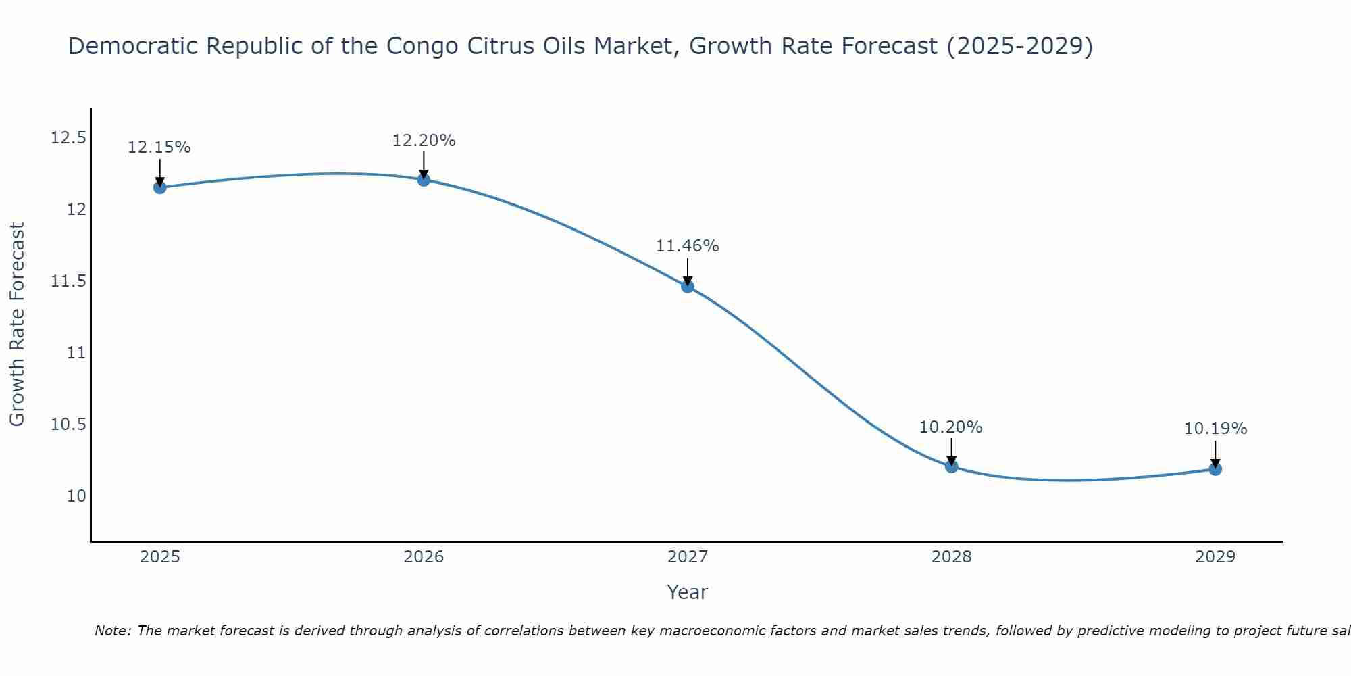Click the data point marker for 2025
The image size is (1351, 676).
pyautogui.click(x=160, y=187)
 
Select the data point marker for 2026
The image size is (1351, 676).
pyautogui.click(x=424, y=180)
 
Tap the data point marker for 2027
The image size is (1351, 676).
pyautogui.click(x=688, y=286)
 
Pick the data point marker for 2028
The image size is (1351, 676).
pyautogui.click(x=951, y=466)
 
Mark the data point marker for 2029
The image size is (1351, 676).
pyautogui.click(x=1215, y=468)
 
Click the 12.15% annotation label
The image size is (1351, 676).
pyautogui.click(x=159, y=147)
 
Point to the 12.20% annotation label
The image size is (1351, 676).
pyautogui.click(x=424, y=141)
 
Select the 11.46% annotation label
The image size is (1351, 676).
pyautogui.click(x=688, y=246)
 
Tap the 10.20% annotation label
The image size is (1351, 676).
pyautogui.click(x=951, y=427)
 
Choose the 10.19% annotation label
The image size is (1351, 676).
pyautogui.click(x=1215, y=429)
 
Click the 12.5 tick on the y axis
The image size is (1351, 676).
pyautogui.click(x=68, y=139)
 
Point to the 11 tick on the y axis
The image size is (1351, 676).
pyautogui.click(x=77, y=353)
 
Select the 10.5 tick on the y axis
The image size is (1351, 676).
pyautogui.click(x=68, y=425)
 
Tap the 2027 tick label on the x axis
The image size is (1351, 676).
pyautogui.click(x=688, y=557)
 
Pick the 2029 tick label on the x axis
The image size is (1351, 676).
pyautogui.click(x=1215, y=557)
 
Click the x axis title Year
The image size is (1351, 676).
pyautogui.click(x=688, y=592)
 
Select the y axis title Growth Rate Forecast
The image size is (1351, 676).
pyautogui.click(x=17, y=324)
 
